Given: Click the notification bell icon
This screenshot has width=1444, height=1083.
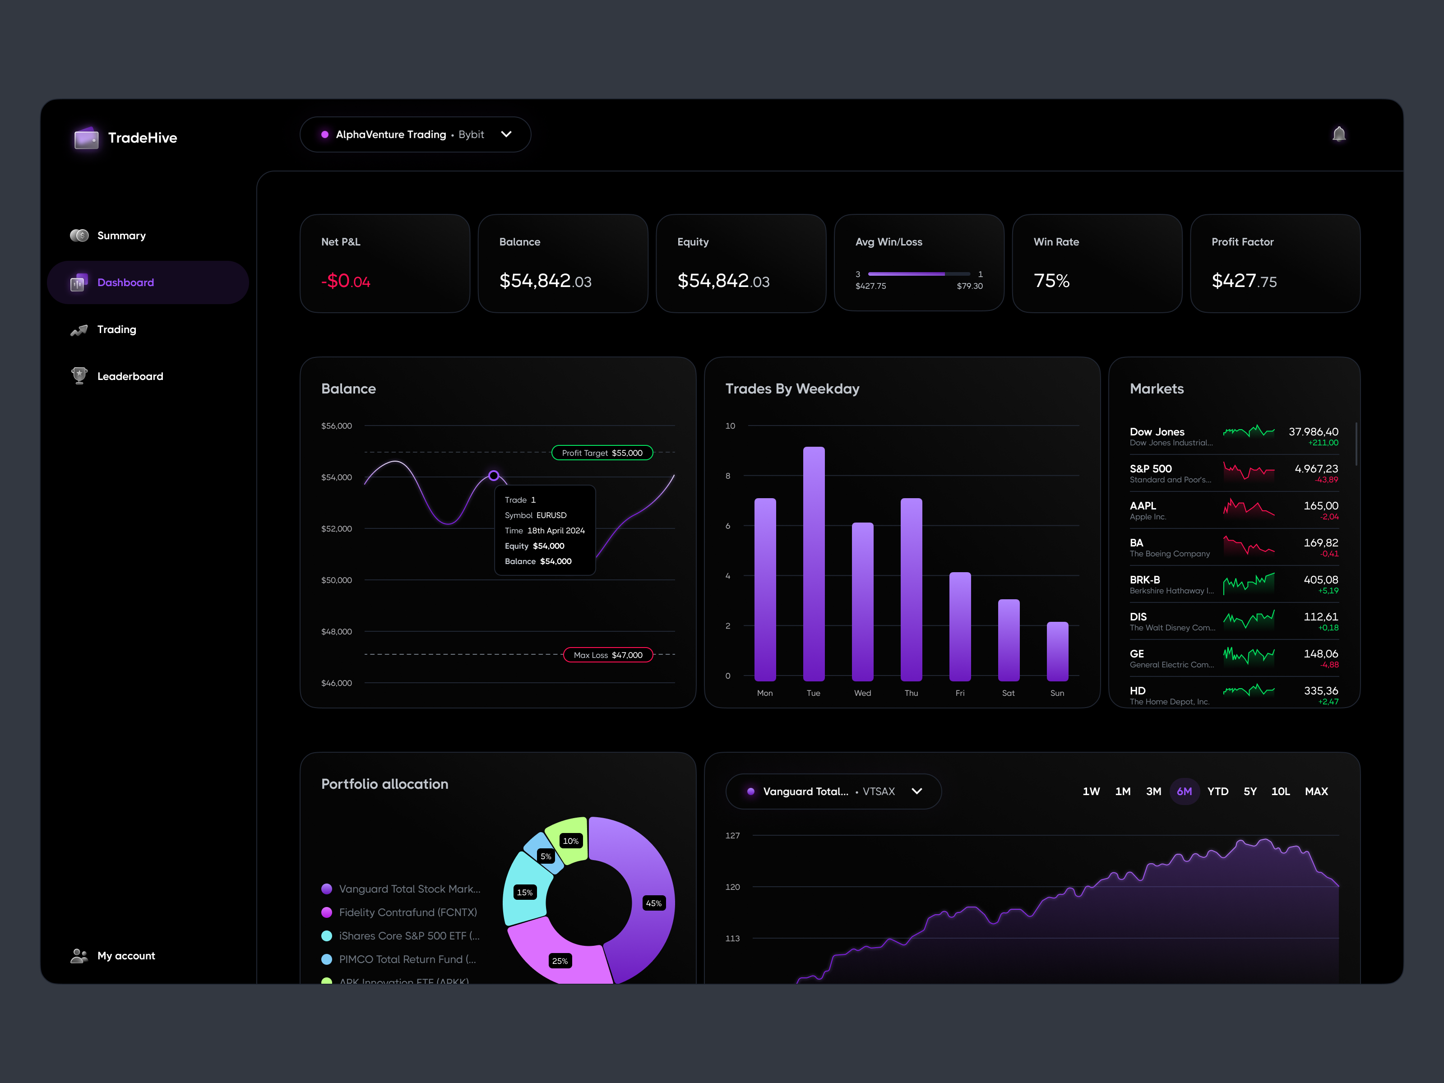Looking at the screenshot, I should [1338, 134].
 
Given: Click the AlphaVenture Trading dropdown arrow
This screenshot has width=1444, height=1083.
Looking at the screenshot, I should [506, 134].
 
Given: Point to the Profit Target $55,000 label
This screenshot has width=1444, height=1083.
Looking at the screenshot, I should [602, 453].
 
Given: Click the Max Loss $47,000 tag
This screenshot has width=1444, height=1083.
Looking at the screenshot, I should [608, 655].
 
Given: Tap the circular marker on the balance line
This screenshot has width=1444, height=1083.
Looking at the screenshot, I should [494, 475].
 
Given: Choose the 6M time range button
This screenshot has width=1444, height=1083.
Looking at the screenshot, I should [1184, 791].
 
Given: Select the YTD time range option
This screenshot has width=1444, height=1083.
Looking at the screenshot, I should [1217, 791].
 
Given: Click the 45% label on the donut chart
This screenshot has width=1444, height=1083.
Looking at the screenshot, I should [653, 903].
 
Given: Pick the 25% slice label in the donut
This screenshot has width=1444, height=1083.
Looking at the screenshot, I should [560, 961].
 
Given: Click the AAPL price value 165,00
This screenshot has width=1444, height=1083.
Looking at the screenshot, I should [1321, 506].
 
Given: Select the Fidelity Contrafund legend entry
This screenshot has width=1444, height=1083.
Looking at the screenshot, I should [407, 912].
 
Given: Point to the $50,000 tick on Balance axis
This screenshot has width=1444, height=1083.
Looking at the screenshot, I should [336, 580].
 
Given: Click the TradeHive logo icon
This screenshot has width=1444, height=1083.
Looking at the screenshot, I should [86, 138].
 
